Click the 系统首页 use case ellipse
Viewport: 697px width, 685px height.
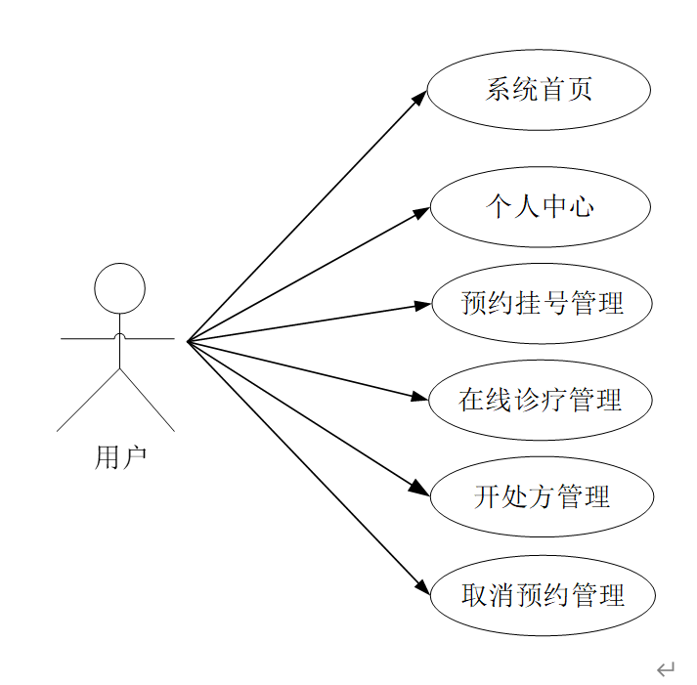pos(539,90)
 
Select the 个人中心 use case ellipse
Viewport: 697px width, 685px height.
pos(540,206)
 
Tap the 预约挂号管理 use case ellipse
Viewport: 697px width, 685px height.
pos(541,303)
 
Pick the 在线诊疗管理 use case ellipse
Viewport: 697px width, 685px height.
pos(541,400)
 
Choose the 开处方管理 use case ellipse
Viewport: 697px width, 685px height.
pos(541,496)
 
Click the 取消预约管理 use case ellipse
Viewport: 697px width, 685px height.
pos(541,594)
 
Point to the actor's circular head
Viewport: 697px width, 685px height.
pos(119,288)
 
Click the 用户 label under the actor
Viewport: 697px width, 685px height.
pos(120,456)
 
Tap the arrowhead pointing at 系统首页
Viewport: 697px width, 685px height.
pos(420,97)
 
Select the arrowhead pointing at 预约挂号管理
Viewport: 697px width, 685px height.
pos(423,305)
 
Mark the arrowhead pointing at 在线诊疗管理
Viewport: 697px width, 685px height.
pos(423,397)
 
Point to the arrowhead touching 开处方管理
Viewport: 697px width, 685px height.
pos(422,490)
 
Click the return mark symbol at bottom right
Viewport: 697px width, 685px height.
pos(666,669)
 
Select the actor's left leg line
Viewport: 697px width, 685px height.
pos(88,401)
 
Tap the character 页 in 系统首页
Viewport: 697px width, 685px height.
pos(581,90)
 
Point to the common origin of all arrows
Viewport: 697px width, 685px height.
pos(188,341)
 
